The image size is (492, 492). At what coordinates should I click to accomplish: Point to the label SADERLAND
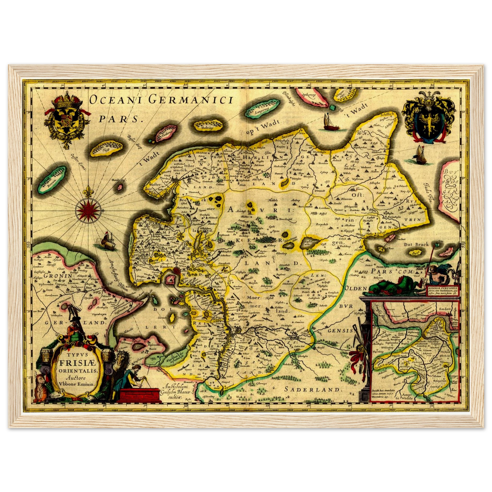tap(313, 389)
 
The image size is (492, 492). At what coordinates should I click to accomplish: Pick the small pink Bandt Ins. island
tap(120, 187)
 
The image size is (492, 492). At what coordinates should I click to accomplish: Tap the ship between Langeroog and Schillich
tap(329, 123)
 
